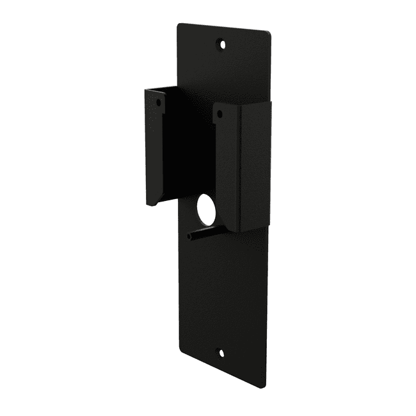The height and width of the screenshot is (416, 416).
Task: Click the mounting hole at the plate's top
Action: coord(222,44)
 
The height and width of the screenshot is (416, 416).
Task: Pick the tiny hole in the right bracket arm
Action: coord(219,115)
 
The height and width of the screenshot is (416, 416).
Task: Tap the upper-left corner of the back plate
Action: coord(179,24)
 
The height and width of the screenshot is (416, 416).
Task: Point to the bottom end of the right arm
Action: coord(241,230)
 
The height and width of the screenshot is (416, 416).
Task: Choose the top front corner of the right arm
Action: coord(213,105)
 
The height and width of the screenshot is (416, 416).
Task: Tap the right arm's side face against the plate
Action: coord(256,166)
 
